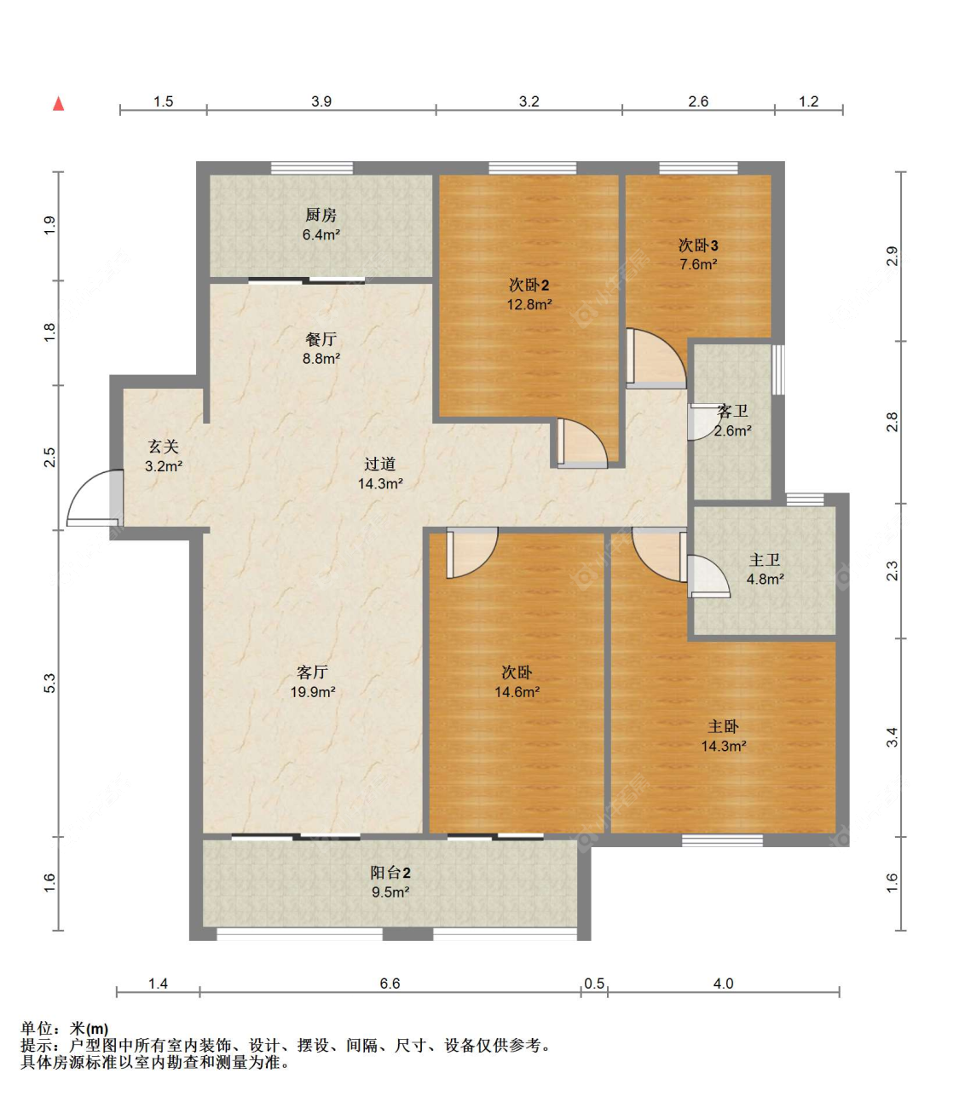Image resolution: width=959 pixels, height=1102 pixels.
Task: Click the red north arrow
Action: pyautogui.click(x=58, y=103)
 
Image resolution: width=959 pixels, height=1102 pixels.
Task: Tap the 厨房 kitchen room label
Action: pyautogui.click(x=321, y=216)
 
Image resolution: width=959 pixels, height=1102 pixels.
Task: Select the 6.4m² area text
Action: pyautogui.click(x=321, y=235)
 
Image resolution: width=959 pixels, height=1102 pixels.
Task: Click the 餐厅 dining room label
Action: pyautogui.click(x=321, y=339)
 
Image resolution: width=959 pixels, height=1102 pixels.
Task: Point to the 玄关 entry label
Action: pyautogui.click(x=164, y=447)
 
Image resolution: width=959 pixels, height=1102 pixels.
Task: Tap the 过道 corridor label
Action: pyautogui.click(x=380, y=464)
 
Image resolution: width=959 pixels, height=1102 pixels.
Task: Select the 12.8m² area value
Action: pyautogui.click(x=529, y=305)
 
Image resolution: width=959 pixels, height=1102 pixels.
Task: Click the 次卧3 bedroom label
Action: pyautogui.click(x=697, y=245)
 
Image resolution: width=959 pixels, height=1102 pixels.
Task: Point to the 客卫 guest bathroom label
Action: pyautogui.click(x=732, y=412)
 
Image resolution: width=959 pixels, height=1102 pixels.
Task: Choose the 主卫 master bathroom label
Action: pyautogui.click(x=765, y=560)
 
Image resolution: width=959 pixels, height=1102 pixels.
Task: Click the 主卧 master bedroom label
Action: pyautogui.click(x=723, y=727)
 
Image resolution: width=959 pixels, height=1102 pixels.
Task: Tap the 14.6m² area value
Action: pyautogui.click(x=517, y=692)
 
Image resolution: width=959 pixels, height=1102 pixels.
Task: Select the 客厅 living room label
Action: pyautogui.click(x=312, y=672)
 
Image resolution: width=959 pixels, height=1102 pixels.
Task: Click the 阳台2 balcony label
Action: pyautogui.click(x=390, y=873)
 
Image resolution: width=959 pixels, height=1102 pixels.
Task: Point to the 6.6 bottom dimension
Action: pyautogui.click(x=390, y=984)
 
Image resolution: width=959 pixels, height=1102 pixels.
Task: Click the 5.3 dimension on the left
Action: pyautogui.click(x=49, y=683)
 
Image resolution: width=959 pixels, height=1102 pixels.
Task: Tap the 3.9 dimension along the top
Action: pyautogui.click(x=321, y=101)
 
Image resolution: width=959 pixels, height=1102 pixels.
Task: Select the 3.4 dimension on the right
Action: pyautogui.click(x=893, y=737)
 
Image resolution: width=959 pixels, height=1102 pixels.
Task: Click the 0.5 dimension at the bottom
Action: pyautogui.click(x=594, y=984)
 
